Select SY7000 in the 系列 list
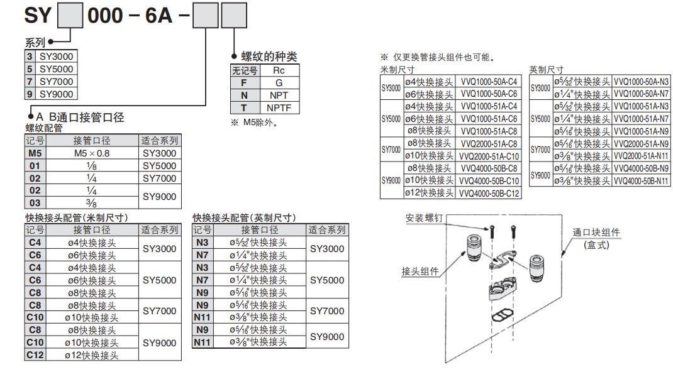(56, 82)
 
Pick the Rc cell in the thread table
(279, 71)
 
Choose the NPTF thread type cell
(279, 108)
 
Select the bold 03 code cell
(35, 202)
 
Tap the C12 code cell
(35, 355)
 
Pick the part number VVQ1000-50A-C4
(489, 82)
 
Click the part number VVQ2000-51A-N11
(642, 156)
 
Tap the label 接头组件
(420, 271)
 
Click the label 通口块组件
(596, 232)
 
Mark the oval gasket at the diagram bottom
(505, 313)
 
